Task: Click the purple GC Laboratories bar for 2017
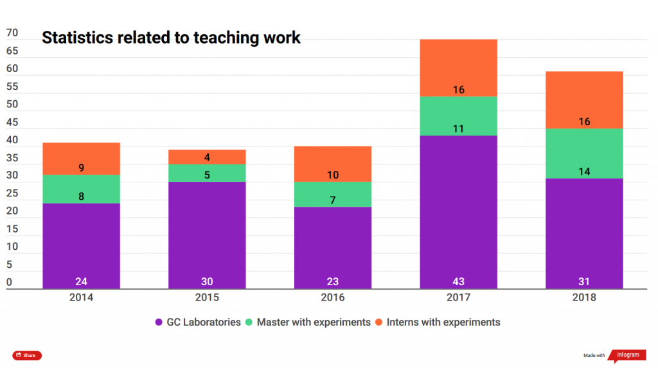tap(458, 212)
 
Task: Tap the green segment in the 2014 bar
tap(81, 189)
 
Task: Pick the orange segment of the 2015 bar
tap(207, 156)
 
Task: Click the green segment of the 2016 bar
tap(333, 194)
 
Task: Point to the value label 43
tap(458, 281)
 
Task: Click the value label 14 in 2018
tap(584, 171)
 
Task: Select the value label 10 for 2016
tap(333, 175)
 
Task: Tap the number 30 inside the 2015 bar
tap(207, 281)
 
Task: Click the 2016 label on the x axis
tap(333, 297)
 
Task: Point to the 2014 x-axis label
tap(81, 297)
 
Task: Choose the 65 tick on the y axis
tap(12, 51)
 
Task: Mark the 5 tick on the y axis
tap(10, 264)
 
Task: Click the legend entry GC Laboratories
tap(199, 322)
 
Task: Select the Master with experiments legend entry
tap(308, 322)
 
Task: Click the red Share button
tap(27, 355)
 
